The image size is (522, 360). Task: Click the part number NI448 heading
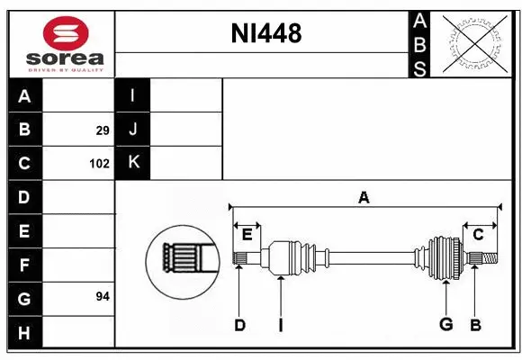pyautogui.click(x=265, y=34)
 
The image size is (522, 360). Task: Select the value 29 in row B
pyautogui.click(x=102, y=130)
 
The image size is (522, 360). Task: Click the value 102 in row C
pyautogui.click(x=99, y=164)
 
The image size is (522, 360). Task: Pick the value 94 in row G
pyautogui.click(x=102, y=295)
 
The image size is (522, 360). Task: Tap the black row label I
pyautogui.click(x=133, y=96)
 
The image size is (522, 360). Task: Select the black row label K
pyautogui.click(x=133, y=162)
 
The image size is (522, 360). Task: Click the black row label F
pyautogui.click(x=24, y=265)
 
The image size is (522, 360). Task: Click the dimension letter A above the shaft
pyautogui.click(x=364, y=197)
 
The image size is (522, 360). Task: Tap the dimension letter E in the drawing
pyautogui.click(x=247, y=235)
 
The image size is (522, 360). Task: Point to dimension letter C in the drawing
pyautogui.click(x=478, y=235)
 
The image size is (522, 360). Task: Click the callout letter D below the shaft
pyautogui.click(x=239, y=325)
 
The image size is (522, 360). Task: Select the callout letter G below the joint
pyautogui.click(x=445, y=325)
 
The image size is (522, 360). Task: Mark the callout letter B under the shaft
pyautogui.click(x=475, y=325)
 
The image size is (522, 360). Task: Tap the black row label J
pyautogui.click(x=133, y=130)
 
